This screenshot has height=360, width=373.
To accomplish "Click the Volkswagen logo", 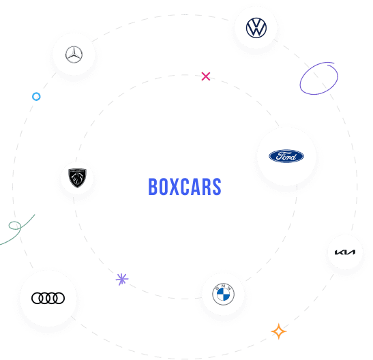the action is point(256,28).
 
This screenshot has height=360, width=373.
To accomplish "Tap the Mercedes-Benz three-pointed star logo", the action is point(74,55).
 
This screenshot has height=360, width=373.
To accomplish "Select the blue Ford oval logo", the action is point(286,156).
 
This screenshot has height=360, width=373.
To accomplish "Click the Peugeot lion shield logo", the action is point(77,178).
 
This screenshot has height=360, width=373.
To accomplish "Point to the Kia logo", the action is point(345,252).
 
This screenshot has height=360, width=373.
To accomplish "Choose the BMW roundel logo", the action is point(224,294).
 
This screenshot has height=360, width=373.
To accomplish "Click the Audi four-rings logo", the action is point(48,298).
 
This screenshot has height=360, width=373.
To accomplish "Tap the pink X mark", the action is point(206,76).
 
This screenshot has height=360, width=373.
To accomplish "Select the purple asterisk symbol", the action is point(122,279).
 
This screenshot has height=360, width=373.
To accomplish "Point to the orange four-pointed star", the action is point(279,331).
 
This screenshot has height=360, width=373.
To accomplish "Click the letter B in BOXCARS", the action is point(153,187).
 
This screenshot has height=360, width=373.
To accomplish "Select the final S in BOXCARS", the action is point(217,187).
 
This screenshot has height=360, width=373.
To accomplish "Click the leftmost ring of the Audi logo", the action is point(31,298).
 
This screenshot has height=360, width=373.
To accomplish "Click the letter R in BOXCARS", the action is point(206,187).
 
